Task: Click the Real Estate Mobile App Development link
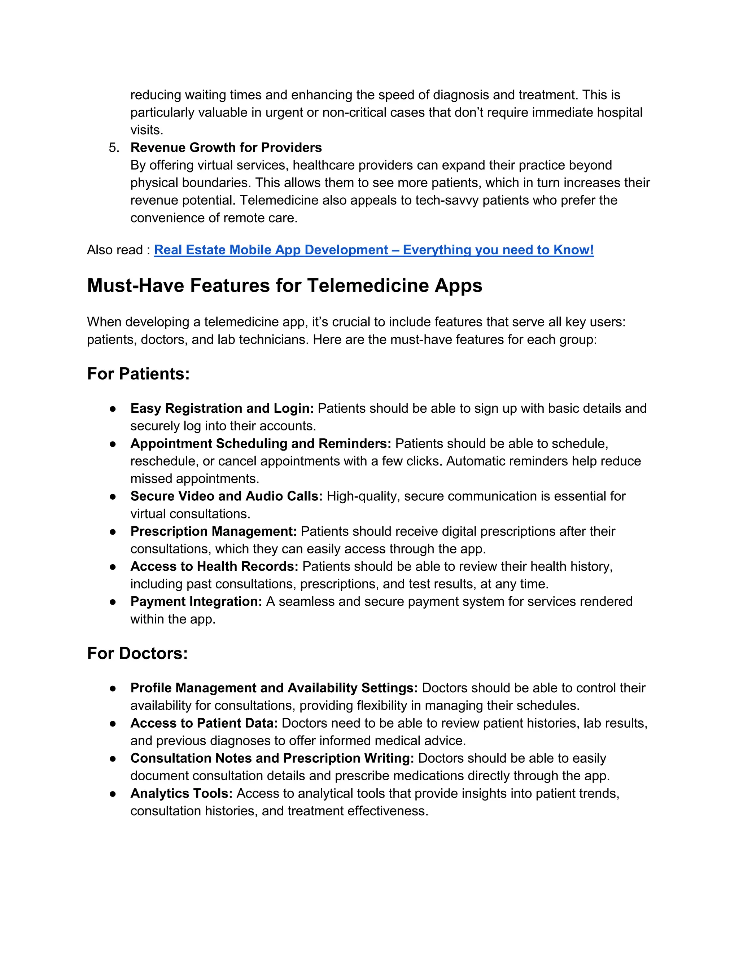(x=373, y=250)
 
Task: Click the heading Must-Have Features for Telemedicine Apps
(x=285, y=286)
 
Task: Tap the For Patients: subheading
(x=138, y=374)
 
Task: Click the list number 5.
(x=113, y=148)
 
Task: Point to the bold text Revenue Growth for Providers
(x=226, y=148)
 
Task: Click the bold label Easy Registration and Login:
(x=222, y=408)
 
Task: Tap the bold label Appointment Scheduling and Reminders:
(x=261, y=443)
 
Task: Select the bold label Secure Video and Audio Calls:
(x=226, y=496)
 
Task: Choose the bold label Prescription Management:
(x=214, y=531)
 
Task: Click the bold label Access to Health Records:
(x=214, y=566)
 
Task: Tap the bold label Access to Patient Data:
(x=204, y=723)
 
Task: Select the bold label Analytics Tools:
(x=181, y=793)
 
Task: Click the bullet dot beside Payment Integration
(x=113, y=602)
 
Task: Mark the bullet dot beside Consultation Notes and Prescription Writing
(x=113, y=759)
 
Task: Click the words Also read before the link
(x=115, y=250)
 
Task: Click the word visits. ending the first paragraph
(x=147, y=130)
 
